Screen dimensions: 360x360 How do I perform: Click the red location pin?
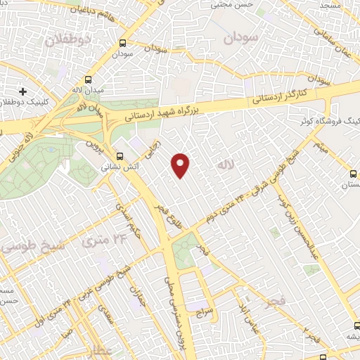tap(181, 165)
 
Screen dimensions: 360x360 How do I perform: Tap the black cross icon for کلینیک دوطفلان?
tap(23, 91)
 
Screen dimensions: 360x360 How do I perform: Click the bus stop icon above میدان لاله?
tap(89, 79)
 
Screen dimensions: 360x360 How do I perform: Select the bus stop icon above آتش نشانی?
tap(120, 156)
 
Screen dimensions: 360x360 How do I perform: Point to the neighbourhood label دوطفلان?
tap(68, 40)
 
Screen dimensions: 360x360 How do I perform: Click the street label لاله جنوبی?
tap(21, 142)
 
